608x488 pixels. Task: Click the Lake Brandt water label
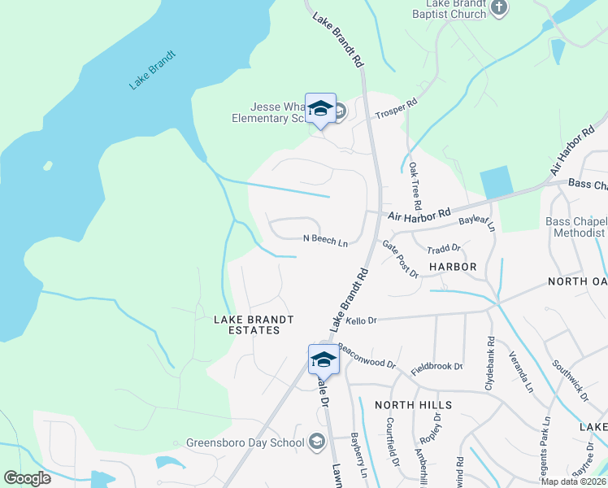click(153, 71)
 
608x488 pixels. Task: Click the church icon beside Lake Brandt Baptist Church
click(500, 9)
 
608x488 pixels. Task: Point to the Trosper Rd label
click(395, 110)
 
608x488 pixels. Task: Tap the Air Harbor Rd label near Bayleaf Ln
click(419, 216)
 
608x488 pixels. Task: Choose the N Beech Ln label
click(325, 242)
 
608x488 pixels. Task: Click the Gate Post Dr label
click(400, 259)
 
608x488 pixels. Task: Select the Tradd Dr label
click(444, 248)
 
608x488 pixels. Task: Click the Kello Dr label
click(362, 321)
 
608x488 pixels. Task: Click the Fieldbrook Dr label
click(436, 367)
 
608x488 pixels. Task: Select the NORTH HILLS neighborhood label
click(413, 404)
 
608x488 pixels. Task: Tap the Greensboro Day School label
click(245, 443)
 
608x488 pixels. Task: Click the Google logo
click(28, 478)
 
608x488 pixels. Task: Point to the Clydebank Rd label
click(490, 364)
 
